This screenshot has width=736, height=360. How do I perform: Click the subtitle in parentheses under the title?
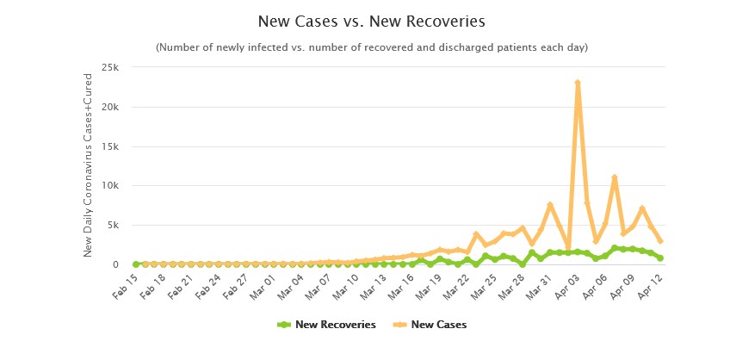(x=372, y=47)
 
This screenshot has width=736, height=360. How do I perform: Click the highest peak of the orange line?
(x=578, y=83)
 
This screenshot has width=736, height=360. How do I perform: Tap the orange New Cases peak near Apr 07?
(x=615, y=177)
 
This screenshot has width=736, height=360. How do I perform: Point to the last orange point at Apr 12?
(x=660, y=241)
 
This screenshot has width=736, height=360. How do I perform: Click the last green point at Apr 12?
(x=660, y=258)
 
